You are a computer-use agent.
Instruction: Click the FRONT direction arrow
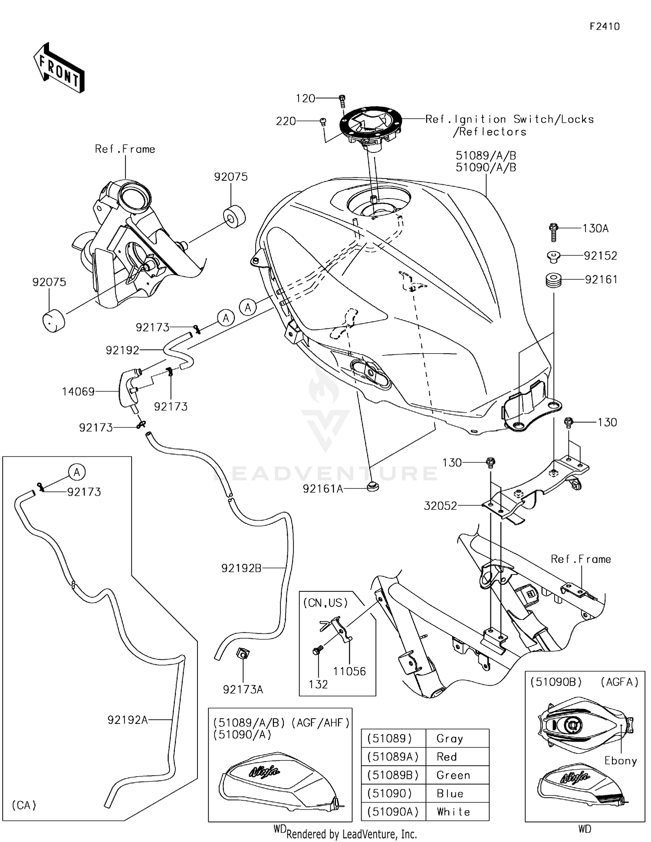(59, 68)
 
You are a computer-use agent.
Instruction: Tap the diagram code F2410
(604, 27)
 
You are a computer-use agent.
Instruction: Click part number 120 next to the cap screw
(305, 99)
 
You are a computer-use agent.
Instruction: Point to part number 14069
(78, 392)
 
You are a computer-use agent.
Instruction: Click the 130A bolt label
(595, 229)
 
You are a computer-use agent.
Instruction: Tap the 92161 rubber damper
(553, 280)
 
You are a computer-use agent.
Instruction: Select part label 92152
(600, 256)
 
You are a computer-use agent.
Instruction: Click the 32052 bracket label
(440, 506)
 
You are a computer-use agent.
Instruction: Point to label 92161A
(323, 489)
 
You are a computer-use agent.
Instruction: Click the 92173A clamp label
(243, 690)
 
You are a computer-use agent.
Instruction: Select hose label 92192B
(241, 568)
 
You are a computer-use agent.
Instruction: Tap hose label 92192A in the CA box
(128, 720)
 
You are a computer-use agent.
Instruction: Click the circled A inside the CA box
(77, 472)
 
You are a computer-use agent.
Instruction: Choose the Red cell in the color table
(447, 757)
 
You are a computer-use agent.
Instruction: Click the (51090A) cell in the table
(393, 812)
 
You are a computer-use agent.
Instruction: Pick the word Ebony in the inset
(620, 761)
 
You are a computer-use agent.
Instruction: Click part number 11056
(349, 671)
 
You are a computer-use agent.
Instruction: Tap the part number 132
(318, 684)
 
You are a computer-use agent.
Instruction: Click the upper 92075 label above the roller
(231, 177)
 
